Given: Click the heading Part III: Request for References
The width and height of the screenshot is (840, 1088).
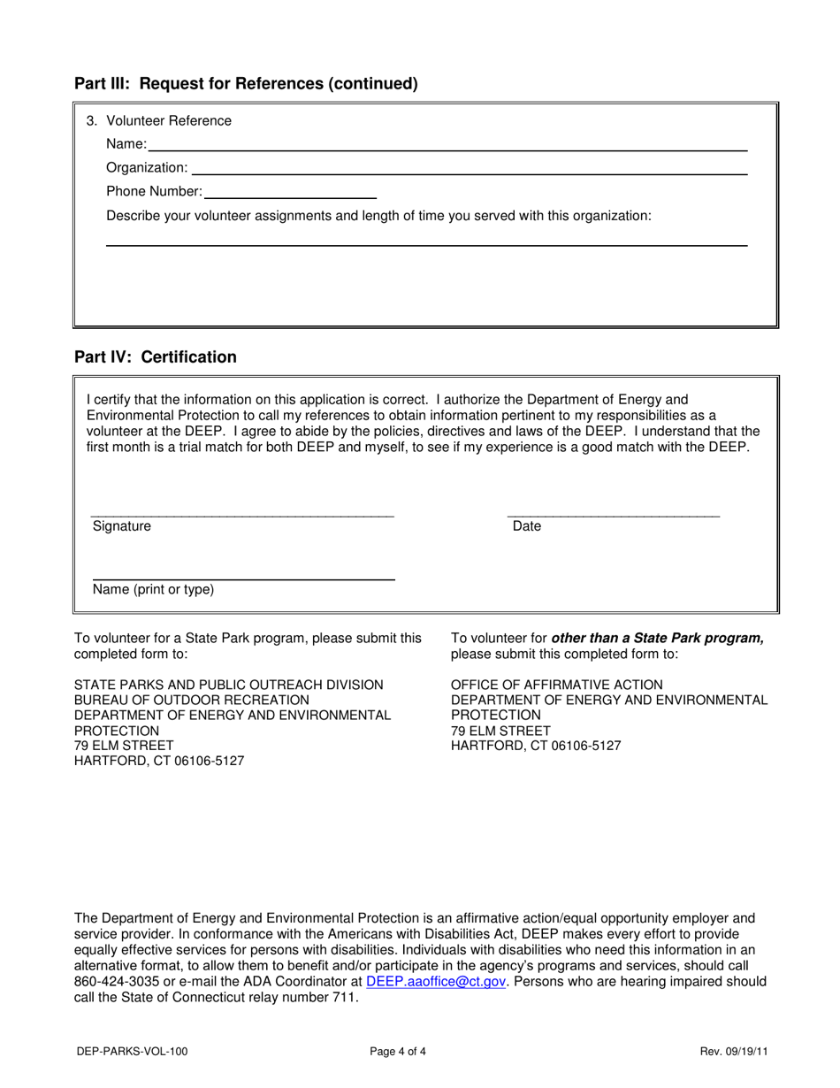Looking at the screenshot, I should click(x=246, y=84).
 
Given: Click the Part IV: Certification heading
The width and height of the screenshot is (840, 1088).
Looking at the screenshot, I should click(x=156, y=357).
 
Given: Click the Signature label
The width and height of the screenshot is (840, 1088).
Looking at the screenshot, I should click(x=122, y=526).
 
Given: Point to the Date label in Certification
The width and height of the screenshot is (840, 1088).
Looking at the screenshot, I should click(x=527, y=526).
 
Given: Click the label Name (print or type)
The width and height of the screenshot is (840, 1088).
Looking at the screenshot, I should click(x=153, y=589).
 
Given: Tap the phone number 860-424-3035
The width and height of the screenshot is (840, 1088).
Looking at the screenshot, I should click(x=115, y=982).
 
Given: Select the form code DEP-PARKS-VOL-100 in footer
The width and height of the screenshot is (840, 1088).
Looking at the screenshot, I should click(x=131, y=1052).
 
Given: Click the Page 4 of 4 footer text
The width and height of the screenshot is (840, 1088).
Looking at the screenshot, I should click(x=398, y=1052).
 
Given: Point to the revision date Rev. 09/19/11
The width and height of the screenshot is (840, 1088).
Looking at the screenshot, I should click(x=732, y=1052).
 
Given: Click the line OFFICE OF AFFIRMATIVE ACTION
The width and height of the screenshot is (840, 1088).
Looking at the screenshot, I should click(x=556, y=685).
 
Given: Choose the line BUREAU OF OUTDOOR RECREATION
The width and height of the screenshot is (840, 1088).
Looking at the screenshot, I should click(x=192, y=700).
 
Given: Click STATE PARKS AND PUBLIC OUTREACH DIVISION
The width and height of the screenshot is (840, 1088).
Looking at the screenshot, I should click(x=229, y=685).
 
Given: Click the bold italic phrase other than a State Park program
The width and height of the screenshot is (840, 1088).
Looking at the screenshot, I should click(x=657, y=639).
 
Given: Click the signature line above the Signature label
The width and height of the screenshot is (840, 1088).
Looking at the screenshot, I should click(x=242, y=516).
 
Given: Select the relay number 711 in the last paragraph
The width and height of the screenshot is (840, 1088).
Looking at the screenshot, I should click(x=346, y=998).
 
